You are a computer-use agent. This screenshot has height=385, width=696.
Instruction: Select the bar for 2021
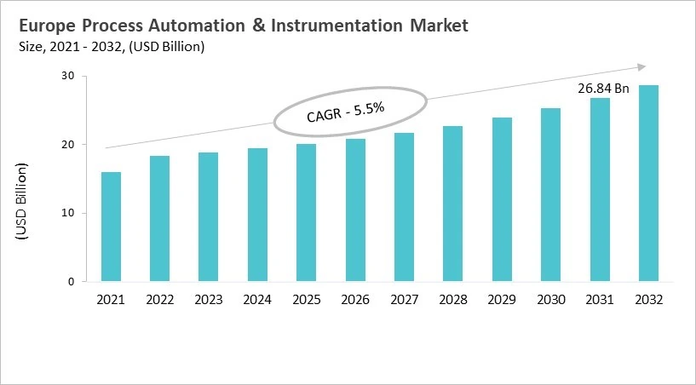[x=111, y=227]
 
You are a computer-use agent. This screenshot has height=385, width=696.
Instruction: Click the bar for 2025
[x=306, y=212]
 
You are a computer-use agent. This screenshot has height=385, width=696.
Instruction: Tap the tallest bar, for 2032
[x=648, y=183]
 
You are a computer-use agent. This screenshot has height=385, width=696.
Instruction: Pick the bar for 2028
[x=452, y=204]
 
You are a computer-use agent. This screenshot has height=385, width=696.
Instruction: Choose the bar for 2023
[x=209, y=216]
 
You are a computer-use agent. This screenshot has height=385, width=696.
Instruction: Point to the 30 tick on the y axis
[x=67, y=77]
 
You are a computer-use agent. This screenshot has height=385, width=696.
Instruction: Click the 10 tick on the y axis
[x=67, y=213]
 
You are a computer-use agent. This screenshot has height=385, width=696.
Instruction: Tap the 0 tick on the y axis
[x=71, y=282]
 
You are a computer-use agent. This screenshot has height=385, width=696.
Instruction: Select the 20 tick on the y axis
[x=67, y=145]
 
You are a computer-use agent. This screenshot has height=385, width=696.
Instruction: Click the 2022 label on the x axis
[x=159, y=301]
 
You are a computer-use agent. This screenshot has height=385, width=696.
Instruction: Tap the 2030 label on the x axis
[x=550, y=301]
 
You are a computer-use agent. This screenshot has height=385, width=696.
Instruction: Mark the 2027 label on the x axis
[x=404, y=301]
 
